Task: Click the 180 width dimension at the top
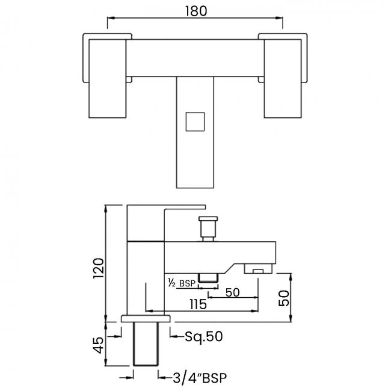(196, 11)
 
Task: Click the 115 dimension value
(199, 304)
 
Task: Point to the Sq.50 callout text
(204, 337)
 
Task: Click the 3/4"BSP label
(200, 378)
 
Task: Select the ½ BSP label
(182, 283)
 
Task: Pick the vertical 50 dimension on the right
(285, 298)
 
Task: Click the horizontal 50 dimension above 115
(232, 292)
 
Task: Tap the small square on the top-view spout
(195, 122)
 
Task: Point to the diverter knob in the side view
(208, 229)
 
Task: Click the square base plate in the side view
(146, 319)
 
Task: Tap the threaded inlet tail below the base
(146, 344)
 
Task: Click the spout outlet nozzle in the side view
(258, 268)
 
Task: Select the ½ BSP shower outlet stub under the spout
(208, 278)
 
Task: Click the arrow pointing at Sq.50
(177, 336)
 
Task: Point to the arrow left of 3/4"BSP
(165, 378)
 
